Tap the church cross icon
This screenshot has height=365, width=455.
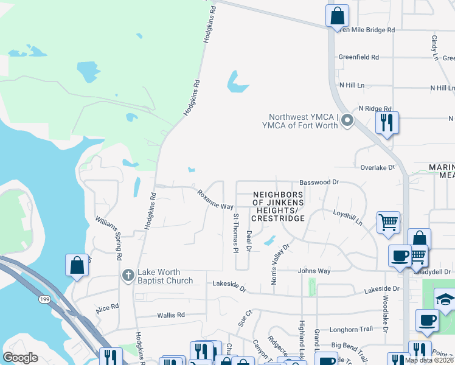[128, 276]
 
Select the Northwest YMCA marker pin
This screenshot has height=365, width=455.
[347, 120]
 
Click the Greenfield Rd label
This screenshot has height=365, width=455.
[359, 57]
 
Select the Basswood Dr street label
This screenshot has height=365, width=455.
[319, 182]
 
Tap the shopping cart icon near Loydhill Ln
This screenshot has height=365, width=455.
[388, 222]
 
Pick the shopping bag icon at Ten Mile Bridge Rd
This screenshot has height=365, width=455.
[337, 15]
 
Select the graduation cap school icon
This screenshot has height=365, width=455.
[445, 299]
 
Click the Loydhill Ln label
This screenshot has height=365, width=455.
[347, 218]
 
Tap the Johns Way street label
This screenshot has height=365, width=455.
[314, 271]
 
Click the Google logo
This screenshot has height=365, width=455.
[20, 358]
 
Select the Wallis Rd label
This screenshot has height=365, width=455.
[171, 315]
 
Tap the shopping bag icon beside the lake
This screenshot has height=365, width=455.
[77, 265]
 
